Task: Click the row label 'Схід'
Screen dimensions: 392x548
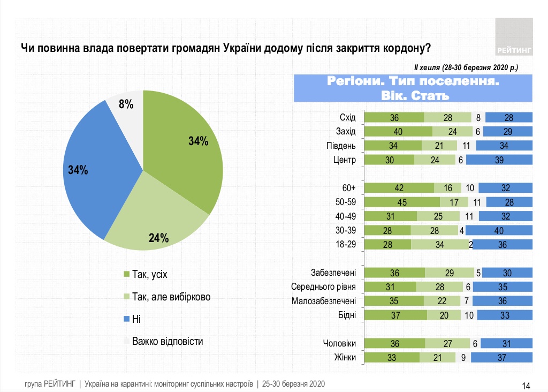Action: click(348, 118)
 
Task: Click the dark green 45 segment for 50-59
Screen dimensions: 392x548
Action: click(402, 202)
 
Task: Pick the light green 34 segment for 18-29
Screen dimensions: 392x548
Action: click(440, 244)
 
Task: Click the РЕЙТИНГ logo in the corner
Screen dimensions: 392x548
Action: click(514, 37)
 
